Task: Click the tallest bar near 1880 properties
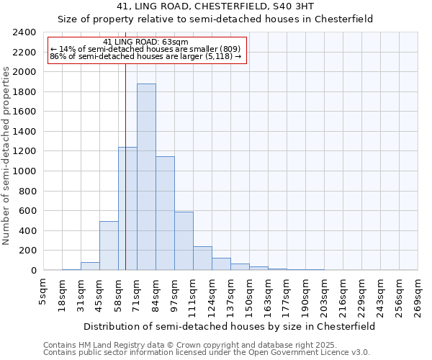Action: [x=146, y=177]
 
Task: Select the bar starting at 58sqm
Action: [x=127, y=209]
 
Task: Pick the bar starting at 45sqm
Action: [x=109, y=246]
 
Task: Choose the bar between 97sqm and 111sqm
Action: [x=184, y=240]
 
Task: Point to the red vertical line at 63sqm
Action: [x=125, y=180]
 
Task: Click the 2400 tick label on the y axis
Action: [x=24, y=32]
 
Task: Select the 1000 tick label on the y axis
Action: [x=24, y=171]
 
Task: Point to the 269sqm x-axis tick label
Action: [x=418, y=294]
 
